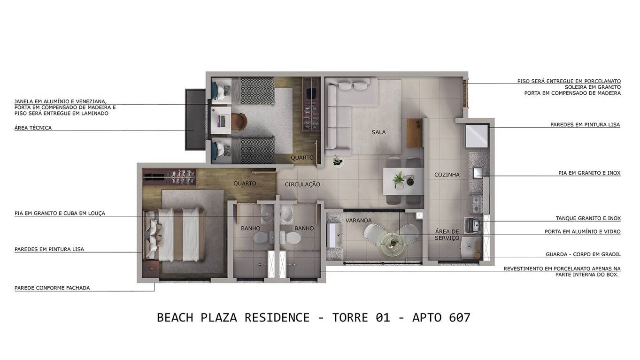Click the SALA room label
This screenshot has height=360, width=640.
(x=378, y=132)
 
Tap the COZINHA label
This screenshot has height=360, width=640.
(x=447, y=175)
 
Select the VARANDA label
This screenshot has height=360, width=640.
(x=358, y=221)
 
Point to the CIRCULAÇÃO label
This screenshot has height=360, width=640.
(x=302, y=184)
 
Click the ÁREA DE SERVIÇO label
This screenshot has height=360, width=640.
(x=447, y=235)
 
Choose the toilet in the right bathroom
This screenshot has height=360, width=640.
(x=293, y=237)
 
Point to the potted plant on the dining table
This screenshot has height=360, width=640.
(x=399, y=179)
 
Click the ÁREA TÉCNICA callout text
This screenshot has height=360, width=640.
(x=33, y=128)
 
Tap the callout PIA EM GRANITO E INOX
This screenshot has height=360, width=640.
(x=589, y=173)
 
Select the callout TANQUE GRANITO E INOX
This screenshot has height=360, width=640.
(x=588, y=218)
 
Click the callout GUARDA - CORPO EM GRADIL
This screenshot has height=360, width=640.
(x=583, y=254)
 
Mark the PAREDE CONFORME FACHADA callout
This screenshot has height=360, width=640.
(x=52, y=288)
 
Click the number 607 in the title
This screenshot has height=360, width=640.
(x=459, y=318)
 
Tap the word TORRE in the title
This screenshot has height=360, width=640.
(x=350, y=318)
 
